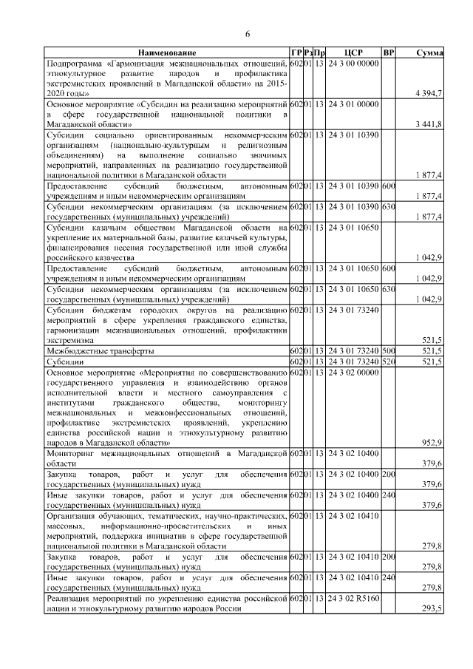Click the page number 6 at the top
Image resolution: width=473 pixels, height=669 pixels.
click(248, 34)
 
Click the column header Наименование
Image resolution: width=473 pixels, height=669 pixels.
click(167, 53)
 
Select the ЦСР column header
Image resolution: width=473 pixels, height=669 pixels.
click(353, 53)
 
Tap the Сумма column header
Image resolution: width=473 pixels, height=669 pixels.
click(429, 53)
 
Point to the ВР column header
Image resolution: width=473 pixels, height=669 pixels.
click(389, 53)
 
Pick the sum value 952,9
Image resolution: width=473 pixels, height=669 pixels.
click(430, 442)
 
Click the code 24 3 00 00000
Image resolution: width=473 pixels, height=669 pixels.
click(353, 64)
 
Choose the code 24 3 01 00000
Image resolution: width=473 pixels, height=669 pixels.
click(353, 105)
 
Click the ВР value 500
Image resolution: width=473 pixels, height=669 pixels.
click(389, 350)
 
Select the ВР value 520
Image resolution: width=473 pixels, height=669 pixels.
click(389, 362)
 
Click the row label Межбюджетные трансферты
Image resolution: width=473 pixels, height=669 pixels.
click(91, 350)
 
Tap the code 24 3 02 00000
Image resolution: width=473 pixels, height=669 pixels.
click(353, 373)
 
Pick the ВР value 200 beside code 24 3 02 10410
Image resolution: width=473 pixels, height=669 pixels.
click(389, 555)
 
